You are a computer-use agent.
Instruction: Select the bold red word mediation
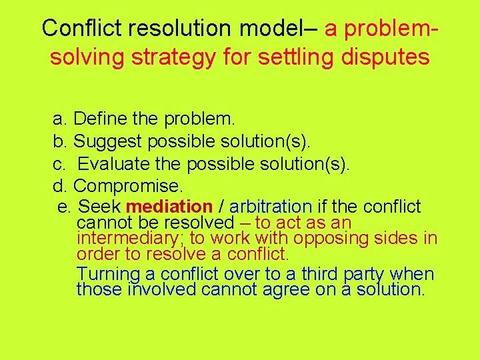pyautogui.click(x=169, y=207)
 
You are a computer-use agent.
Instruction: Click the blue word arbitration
pyautogui.click(x=270, y=207)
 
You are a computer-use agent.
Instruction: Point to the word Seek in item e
pyautogui.click(x=99, y=207)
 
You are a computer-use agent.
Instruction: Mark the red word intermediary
pyautogui.click(x=126, y=238)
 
